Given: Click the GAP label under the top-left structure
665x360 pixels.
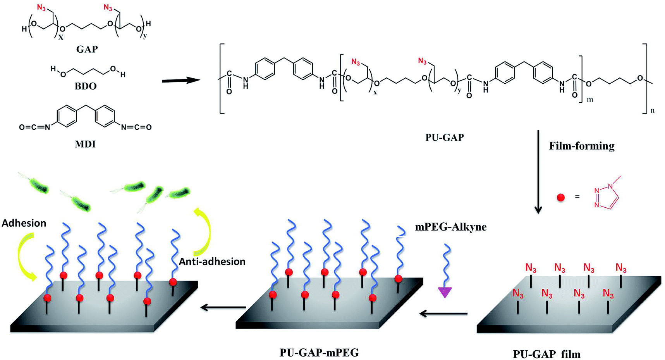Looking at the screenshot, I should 87,49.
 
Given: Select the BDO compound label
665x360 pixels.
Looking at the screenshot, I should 86,86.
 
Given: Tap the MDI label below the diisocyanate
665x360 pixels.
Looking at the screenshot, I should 85,144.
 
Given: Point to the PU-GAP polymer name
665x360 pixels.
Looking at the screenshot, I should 445,137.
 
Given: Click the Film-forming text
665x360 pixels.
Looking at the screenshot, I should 581,146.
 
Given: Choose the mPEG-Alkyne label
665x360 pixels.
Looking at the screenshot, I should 451,227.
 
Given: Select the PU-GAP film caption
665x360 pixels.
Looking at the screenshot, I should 546,354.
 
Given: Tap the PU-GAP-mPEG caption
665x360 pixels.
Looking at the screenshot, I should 319,352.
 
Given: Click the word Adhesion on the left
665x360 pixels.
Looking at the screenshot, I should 24,223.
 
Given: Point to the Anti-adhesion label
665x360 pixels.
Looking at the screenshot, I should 212,262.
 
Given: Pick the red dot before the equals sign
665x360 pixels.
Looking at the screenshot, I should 560,197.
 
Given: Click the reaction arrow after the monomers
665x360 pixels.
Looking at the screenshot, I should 181,81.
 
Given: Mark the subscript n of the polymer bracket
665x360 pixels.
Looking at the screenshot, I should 652,110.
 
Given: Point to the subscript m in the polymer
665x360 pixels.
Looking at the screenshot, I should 590,100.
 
